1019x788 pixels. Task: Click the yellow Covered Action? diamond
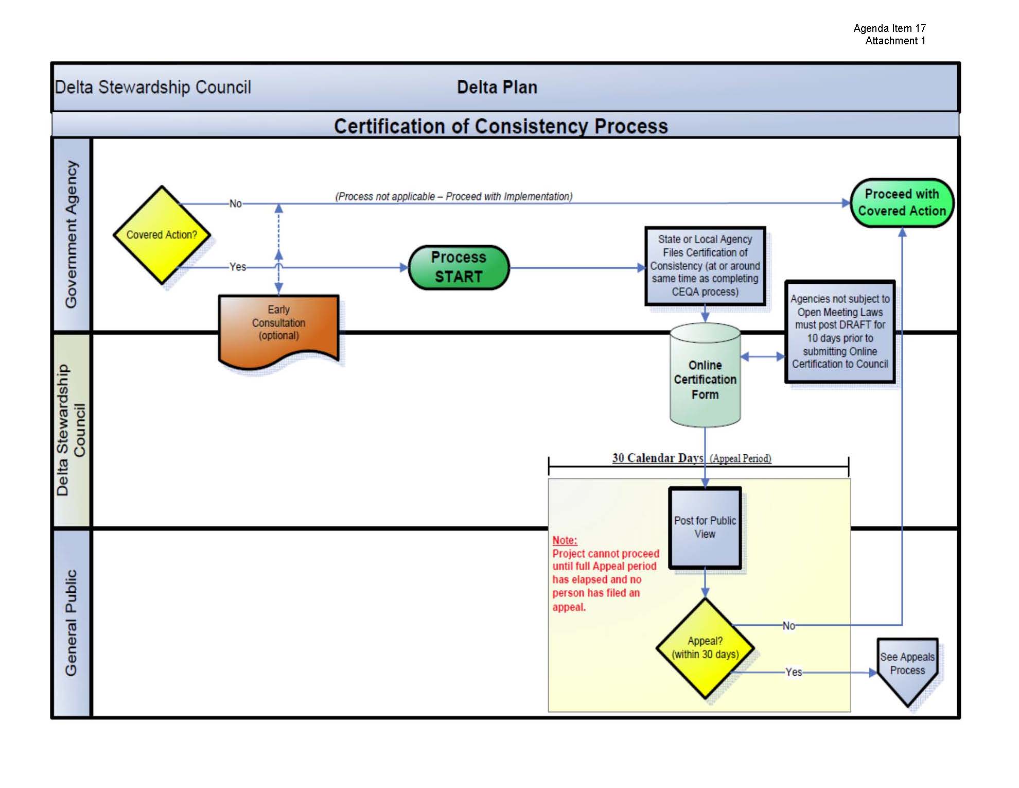[x=162, y=235]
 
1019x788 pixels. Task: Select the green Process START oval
[x=459, y=267]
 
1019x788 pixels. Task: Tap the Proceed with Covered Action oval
[x=902, y=203]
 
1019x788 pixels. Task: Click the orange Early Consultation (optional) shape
[x=278, y=327]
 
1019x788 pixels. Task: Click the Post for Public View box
[x=705, y=527]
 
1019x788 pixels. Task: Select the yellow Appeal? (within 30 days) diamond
[x=705, y=648]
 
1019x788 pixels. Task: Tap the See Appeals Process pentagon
[x=907, y=667]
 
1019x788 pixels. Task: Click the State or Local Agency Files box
[x=705, y=266]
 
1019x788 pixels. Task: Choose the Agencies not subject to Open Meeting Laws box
[x=840, y=332]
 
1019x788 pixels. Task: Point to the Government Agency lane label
[x=72, y=234]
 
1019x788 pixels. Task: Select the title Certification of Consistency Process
[x=501, y=126]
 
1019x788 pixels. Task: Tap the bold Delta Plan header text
[x=497, y=87]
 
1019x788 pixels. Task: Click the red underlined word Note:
[x=565, y=540]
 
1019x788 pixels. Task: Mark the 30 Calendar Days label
[x=657, y=458]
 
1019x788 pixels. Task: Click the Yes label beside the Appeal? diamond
[x=794, y=672]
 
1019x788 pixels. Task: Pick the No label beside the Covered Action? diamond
[x=235, y=203]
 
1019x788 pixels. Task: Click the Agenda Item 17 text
[x=889, y=28]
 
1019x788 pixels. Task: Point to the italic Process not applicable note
[x=453, y=196]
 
